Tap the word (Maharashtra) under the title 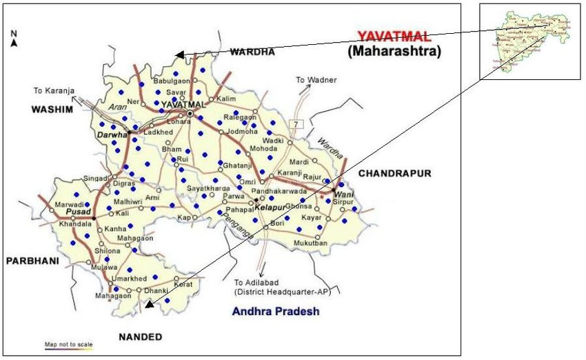[394, 50]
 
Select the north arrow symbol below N [14, 43]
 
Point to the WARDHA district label [252, 52]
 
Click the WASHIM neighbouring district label [52, 109]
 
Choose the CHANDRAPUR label [394, 173]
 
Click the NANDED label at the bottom [140, 337]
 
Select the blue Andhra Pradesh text [276, 312]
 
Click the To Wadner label [316, 80]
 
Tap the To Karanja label [53, 90]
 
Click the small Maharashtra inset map [530, 41]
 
